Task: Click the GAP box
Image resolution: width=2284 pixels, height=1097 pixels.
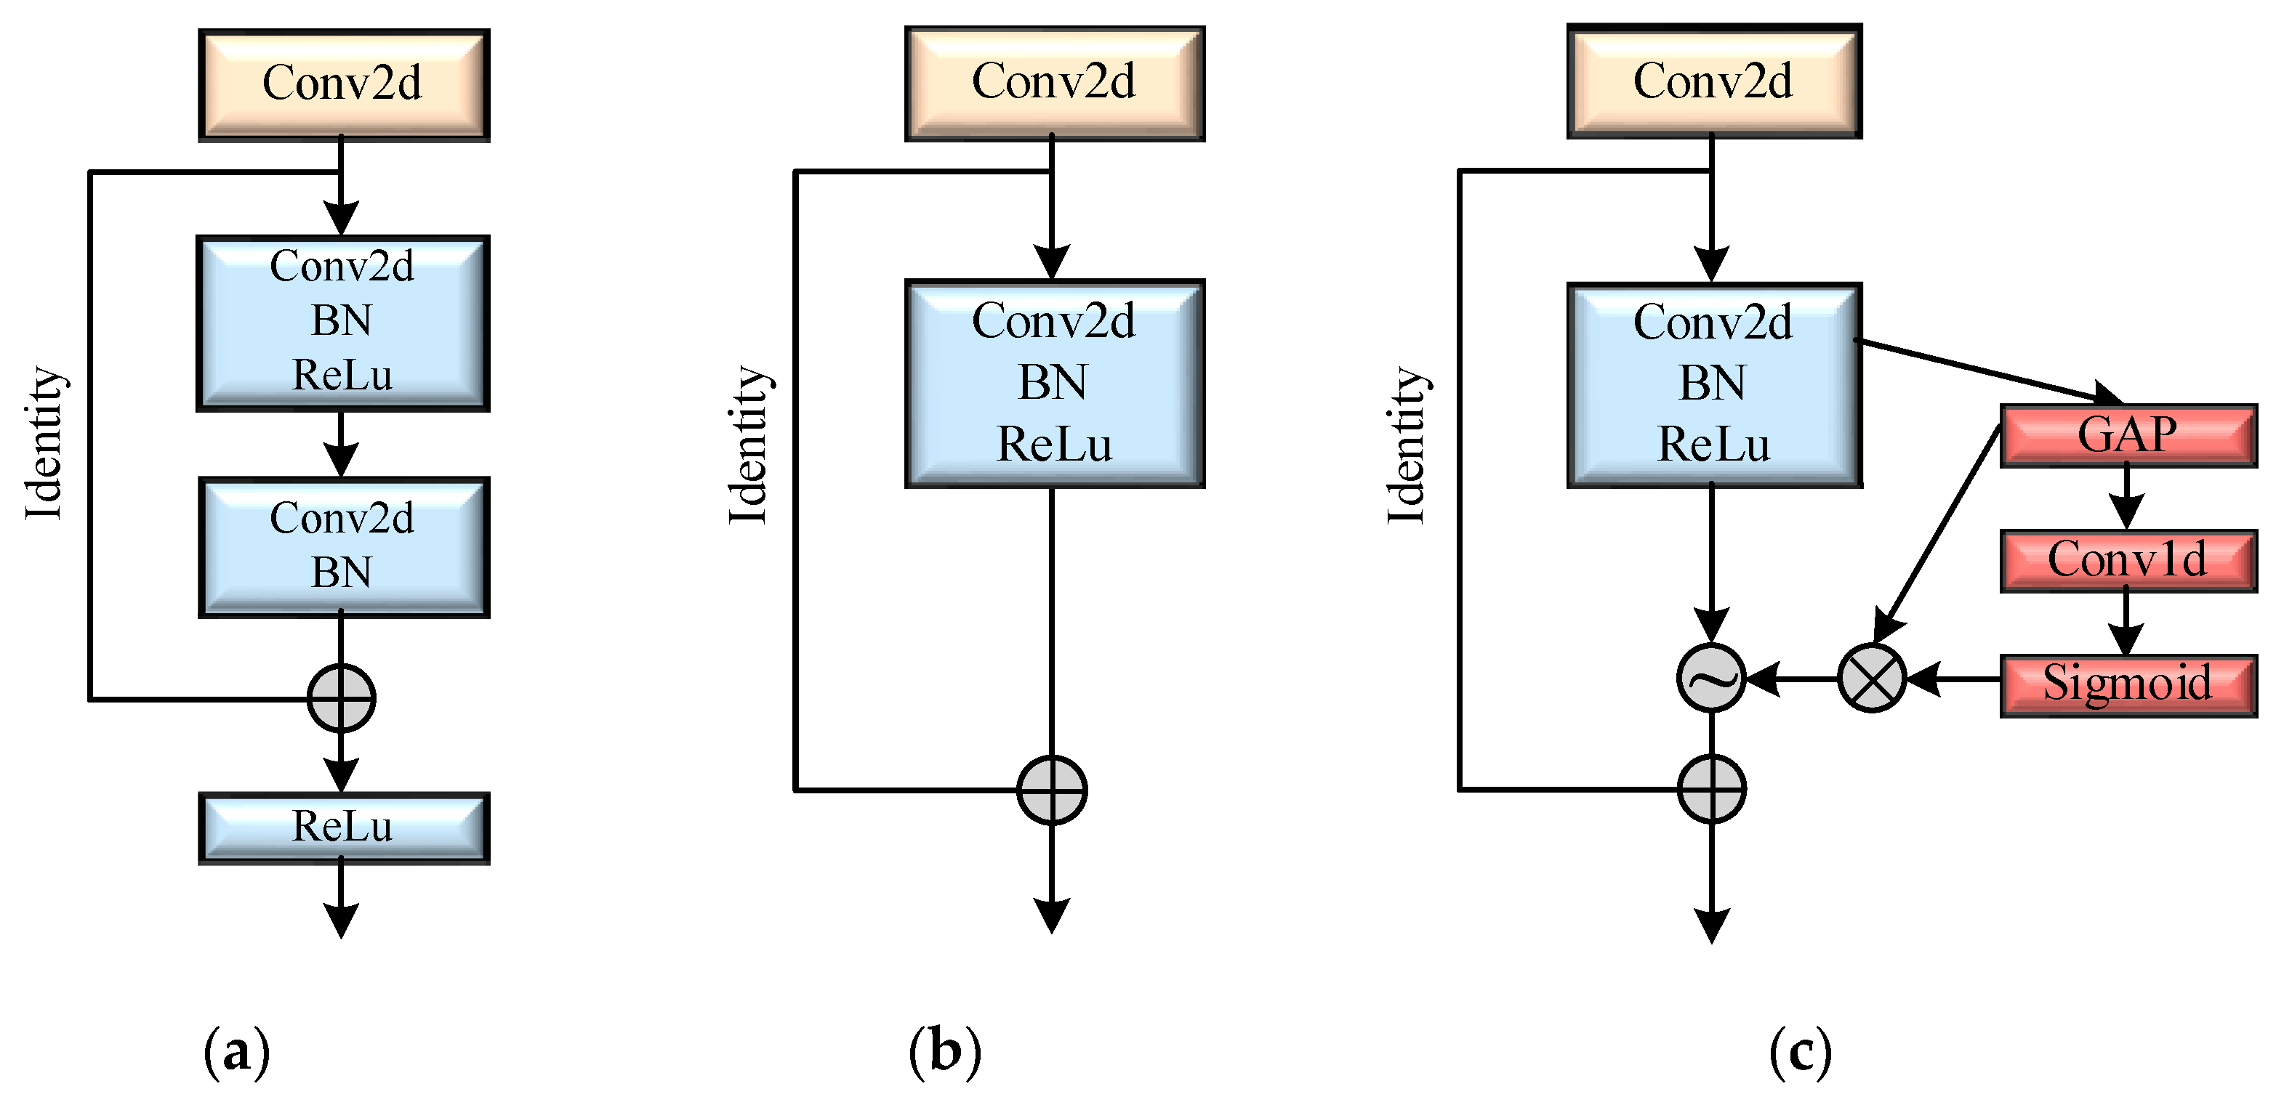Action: pyautogui.click(x=2127, y=435)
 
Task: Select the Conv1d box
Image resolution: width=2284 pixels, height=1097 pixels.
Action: pyautogui.click(x=2127, y=560)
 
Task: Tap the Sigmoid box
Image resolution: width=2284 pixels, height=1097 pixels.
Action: pyautogui.click(x=2127, y=684)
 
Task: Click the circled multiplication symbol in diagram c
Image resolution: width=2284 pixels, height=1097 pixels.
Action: pyautogui.click(x=1872, y=678)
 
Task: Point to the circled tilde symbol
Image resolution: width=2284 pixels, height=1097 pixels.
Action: pyautogui.click(x=1711, y=678)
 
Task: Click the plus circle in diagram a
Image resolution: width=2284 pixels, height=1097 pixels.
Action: pyautogui.click(x=342, y=698)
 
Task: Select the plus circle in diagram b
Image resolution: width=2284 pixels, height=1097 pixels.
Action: pyautogui.click(x=1052, y=790)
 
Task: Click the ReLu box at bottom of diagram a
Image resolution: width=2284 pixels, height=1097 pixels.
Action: pyautogui.click(x=343, y=827)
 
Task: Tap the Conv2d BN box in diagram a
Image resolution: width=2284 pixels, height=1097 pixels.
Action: pyautogui.click(x=343, y=546)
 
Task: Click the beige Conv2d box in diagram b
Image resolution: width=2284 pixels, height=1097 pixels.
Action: pyautogui.click(x=1053, y=82)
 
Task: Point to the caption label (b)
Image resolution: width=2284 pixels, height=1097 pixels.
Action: pyautogui.click(x=944, y=1052)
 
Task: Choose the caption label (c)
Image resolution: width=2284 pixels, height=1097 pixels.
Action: pyautogui.click(x=1800, y=1052)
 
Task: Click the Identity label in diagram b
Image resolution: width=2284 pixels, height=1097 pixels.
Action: pyautogui.click(x=749, y=445)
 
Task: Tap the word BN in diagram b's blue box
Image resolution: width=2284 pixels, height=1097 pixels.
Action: pyautogui.click(x=1052, y=383)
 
